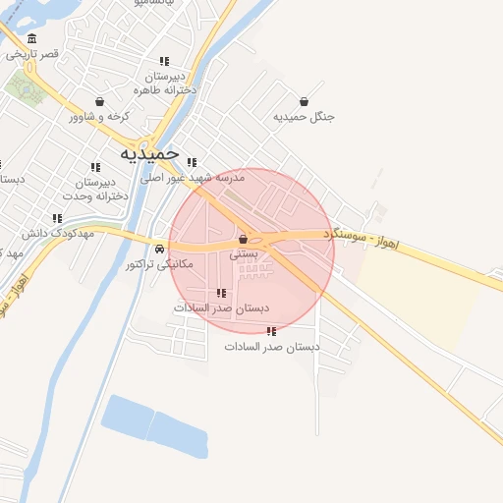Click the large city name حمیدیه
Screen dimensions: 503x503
click(150, 153)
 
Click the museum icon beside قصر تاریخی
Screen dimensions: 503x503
click(32, 38)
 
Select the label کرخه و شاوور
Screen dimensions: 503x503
click(99, 117)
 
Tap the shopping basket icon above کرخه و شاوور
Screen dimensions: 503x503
click(99, 102)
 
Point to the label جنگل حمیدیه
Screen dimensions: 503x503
click(305, 117)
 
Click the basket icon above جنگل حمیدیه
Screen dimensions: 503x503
click(305, 102)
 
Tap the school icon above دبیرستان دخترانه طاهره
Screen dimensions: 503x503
click(164, 61)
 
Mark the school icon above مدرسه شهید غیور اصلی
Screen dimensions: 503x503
click(192, 163)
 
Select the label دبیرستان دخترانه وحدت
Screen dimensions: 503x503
click(95, 189)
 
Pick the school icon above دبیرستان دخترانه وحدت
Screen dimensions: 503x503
click(95, 167)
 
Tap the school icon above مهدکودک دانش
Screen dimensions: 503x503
click(57, 218)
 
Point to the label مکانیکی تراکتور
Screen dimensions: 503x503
click(160, 264)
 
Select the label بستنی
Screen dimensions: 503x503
click(243, 253)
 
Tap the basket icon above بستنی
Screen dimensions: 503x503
click(243, 239)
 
